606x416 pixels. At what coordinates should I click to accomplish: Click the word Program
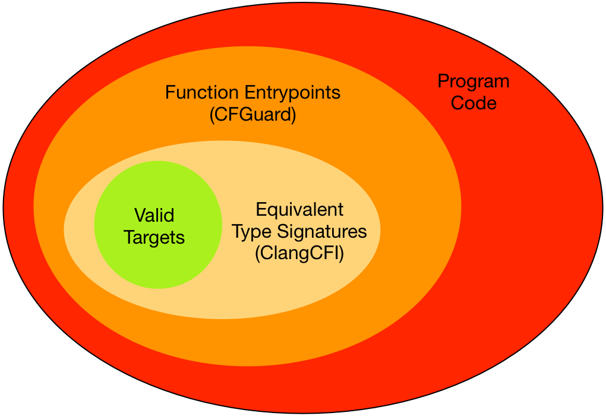tap(474, 82)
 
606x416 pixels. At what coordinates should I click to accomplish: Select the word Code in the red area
tap(474, 103)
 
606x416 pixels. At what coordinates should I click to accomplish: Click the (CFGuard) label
tap(252, 114)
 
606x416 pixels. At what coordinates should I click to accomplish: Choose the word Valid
tap(154, 216)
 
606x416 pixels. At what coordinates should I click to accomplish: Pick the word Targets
tap(154, 238)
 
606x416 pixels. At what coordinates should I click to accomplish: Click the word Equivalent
tap(299, 210)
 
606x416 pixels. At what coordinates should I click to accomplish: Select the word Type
tap(251, 232)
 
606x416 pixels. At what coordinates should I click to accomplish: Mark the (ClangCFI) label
tap(299, 253)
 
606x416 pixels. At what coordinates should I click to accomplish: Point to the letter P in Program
tap(443, 81)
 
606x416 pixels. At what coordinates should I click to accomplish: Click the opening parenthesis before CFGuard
tap(212, 114)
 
